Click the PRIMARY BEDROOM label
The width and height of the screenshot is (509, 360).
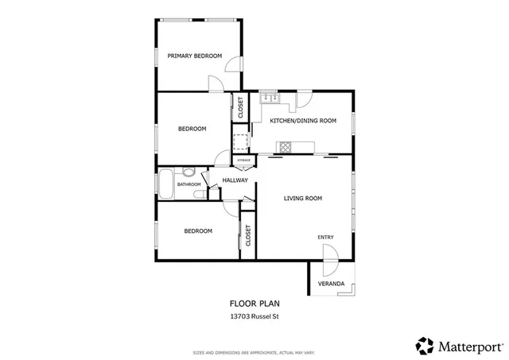pos(193,56)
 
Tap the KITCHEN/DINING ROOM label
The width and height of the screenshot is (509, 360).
pos(303,121)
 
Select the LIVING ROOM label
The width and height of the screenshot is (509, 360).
pos(302,198)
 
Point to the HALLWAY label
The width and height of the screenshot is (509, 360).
pos(235,180)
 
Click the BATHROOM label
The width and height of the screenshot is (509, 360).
pos(188,184)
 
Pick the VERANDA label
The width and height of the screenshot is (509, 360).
pos(331,284)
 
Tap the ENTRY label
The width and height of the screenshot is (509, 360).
pos(325,237)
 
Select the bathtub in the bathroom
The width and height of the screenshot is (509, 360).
pos(165,184)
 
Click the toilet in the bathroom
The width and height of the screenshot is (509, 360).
pos(188,172)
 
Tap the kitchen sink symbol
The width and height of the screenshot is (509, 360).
pos(268,99)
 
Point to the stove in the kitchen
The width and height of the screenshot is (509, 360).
pos(284,146)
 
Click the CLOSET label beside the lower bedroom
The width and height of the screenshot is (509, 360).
pos(248,235)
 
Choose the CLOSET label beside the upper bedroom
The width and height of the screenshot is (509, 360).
pos(241,107)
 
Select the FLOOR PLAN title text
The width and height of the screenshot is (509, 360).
pos(254,303)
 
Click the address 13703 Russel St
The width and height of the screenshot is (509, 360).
pos(254,316)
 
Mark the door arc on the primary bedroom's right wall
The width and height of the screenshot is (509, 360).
pos(232,66)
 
